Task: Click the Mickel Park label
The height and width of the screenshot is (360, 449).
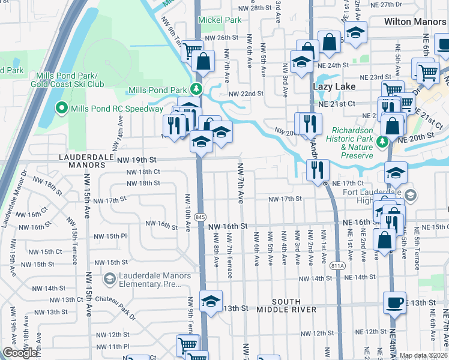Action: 220,20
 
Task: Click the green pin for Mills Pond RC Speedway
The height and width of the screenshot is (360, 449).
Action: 61,109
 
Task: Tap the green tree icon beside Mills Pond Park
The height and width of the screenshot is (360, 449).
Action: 195,90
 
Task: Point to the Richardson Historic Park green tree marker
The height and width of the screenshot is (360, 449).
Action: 382,142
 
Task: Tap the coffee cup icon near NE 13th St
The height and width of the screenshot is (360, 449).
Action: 394,302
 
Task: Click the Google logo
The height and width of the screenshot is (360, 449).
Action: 20,353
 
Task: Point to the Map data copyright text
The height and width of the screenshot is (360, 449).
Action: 423,355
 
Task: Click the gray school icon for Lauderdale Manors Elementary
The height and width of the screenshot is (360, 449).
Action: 109,278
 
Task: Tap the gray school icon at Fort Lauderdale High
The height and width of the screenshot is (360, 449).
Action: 411,194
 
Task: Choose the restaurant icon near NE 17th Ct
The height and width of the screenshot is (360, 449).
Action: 317,169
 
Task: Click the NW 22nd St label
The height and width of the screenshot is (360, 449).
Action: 246,94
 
